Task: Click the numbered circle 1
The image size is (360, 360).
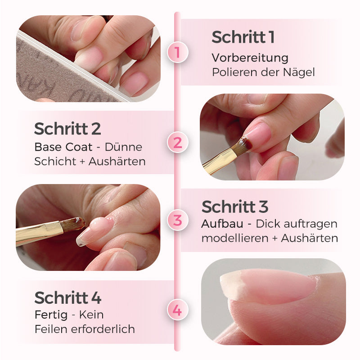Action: (x=177, y=53)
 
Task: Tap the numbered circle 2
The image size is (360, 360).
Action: (x=177, y=143)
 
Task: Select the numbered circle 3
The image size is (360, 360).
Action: (x=177, y=220)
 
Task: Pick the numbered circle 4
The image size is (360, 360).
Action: (x=177, y=310)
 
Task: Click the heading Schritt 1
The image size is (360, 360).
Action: (x=243, y=37)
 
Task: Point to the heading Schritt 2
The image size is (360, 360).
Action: (x=67, y=129)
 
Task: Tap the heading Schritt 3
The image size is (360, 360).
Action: (x=235, y=207)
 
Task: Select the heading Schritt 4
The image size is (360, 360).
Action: (x=68, y=297)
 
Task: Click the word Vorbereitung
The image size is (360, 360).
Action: (x=250, y=58)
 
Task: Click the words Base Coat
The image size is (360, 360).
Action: (x=63, y=147)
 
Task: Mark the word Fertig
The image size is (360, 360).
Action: (x=50, y=315)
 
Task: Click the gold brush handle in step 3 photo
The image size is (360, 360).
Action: (x=36, y=232)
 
